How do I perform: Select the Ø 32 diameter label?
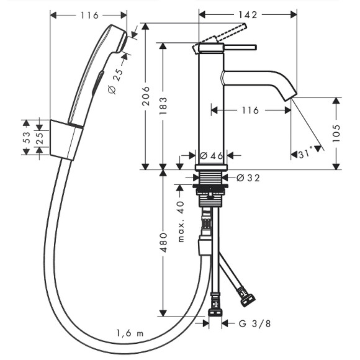tap(248, 178)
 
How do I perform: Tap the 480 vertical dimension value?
tap(163, 243)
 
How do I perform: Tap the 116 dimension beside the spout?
tap(250, 110)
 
